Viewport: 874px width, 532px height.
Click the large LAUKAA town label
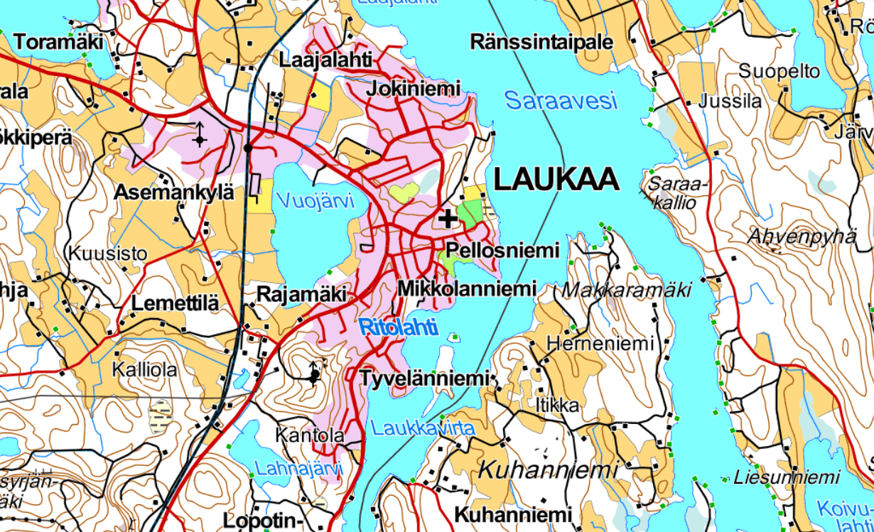[x=556, y=179]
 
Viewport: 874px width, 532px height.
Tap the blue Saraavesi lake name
[x=561, y=101]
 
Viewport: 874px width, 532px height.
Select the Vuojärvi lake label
[x=315, y=202]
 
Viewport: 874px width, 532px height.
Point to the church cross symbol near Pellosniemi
[x=448, y=219]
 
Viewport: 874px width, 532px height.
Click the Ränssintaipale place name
[x=541, y=42]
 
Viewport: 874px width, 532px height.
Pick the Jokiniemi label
[x=413, y=88]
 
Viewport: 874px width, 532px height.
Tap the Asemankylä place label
[x=174, y=192]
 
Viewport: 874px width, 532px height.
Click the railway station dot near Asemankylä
[x=247, y=148]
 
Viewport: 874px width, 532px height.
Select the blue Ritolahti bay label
[x=399, y=327]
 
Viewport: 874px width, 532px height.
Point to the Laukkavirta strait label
[x=422, y=428]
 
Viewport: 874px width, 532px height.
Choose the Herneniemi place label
[x=600, y=344]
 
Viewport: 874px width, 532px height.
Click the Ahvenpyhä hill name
[x=802, y=237]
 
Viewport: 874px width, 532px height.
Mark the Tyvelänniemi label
[x=425, y=379]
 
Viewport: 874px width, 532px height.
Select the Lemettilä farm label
[x=175, y=304]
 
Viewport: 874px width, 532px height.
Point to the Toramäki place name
[x=58, y=43]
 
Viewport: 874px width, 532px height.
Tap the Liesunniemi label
[x=777, y=477]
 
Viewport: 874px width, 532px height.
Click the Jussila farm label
[x=730, y=101]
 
